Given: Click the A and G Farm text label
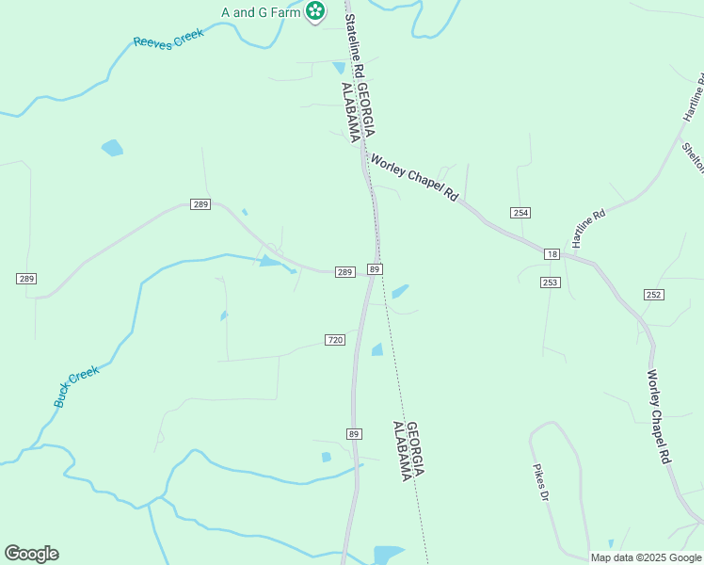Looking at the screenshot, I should tap(261, 12).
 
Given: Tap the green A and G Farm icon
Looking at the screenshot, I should tap(316, 12).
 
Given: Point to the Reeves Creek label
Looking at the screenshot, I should tap(168, 41).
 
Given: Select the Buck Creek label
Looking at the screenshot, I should tap(76, 386).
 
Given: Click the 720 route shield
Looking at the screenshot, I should tap(336, 339).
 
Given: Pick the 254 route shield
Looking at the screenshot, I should tap(520, 213).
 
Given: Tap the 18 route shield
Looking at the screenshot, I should tap(552, 254).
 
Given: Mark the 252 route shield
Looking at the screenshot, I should tap(654, 295).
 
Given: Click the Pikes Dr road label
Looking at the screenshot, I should tap(540, 483).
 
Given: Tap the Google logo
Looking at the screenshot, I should tap(31, 554).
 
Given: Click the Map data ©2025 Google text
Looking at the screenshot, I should tap(647, 557).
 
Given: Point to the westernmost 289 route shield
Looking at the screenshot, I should tap(26, 279).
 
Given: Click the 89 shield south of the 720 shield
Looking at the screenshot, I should tap(354, 433).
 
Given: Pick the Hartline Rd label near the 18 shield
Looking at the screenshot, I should tap(588, 227).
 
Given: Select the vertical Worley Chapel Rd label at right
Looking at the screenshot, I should tap(657, 415).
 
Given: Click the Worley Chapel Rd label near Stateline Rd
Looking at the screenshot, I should tap(414, 177).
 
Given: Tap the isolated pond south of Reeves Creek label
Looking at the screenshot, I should tap(112, 148).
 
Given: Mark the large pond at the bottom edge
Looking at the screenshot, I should tap(388, 555).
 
